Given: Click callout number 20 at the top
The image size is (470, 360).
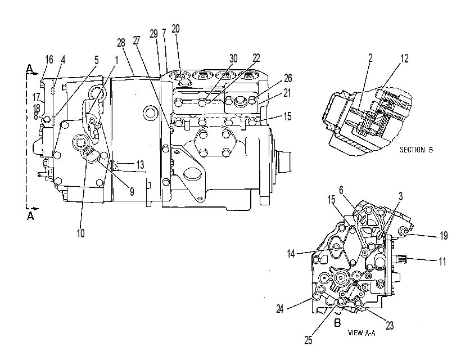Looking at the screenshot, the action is [x=175, y=29].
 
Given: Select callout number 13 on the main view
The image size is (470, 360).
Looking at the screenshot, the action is [x=140, y=165].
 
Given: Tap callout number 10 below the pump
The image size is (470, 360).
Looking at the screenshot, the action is [x=80, y=233].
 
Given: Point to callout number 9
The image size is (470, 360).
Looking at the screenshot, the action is [x=132, y=192].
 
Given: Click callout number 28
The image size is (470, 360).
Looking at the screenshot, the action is [x=121, y=43].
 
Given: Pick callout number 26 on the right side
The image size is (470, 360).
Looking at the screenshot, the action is [x=288, y=78].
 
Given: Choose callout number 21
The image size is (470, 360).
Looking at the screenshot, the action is [x=287, y=93].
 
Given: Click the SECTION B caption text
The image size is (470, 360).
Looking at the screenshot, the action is [x=416, y=150].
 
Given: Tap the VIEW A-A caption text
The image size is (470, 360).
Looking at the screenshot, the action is [x=361, y=332].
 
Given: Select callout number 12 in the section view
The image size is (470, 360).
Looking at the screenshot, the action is [x=404, y=58].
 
